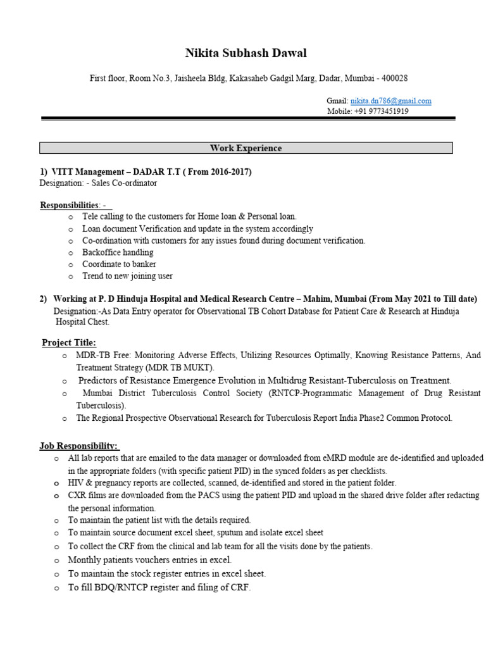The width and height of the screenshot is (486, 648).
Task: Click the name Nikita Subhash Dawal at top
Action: [x=246, y=53]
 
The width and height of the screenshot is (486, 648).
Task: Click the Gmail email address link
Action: [x=390, y=101]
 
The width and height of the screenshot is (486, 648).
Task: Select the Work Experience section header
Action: [x=246, y=148]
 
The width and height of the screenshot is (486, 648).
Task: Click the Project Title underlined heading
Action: [x=69, y=342]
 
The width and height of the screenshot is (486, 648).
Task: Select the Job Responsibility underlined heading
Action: [x=79, y=446]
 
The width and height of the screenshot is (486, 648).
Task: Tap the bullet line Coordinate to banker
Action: [x=119, y=264]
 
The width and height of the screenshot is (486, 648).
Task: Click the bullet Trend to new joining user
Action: [x=127, y=276]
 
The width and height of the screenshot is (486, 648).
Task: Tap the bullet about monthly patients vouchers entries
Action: [x=150, y=560]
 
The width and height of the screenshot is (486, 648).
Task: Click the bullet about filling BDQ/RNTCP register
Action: [x=159, y=588]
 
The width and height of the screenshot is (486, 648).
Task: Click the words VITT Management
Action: [x=87, y=172]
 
